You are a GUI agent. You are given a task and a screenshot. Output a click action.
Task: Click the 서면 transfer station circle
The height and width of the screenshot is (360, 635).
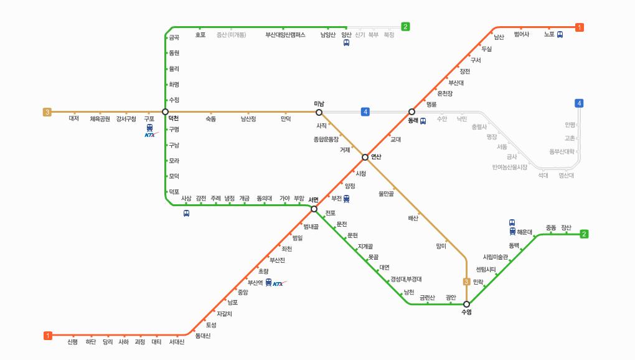tap(314, 209)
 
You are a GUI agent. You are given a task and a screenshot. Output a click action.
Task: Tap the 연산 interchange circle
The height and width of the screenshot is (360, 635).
tap(365, 157)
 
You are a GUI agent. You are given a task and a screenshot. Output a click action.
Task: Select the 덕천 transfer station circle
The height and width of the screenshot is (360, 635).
tap(165, 112)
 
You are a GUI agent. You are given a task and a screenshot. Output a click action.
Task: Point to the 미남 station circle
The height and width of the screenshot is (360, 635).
tap(319, 112)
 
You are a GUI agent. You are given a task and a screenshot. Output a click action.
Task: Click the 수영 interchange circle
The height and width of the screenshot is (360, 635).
tap(466, 304)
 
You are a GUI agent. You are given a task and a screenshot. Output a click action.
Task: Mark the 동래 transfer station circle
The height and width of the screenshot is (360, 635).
tap(412, 112)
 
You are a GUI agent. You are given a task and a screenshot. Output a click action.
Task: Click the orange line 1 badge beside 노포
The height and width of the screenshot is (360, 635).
tap(580, 27)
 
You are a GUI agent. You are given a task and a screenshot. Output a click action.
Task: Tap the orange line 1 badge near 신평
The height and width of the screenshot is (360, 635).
tap(48, 336)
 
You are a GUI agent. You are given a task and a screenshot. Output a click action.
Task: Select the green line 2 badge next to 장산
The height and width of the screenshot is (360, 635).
tap(584, 234)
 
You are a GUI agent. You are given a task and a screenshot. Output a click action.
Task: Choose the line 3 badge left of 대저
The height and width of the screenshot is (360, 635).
tap(47, 112)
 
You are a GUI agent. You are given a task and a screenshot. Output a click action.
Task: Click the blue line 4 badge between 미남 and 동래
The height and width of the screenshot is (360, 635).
tap(365, 112)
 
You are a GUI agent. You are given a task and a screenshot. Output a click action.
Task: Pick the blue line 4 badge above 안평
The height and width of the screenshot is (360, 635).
tap(580, 103)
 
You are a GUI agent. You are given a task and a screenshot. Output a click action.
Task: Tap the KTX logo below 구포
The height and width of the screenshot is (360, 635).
tap(151, 135)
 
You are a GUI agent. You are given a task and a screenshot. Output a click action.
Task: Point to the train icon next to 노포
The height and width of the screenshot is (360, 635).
tap(560, 35)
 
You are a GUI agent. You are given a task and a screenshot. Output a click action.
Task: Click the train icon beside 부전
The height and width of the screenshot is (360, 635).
tap(347, 199)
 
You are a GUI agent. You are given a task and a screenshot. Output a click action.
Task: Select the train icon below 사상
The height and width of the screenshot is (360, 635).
tap(186, 214)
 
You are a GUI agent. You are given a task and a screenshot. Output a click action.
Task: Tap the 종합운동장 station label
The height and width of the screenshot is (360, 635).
tap(326, 139)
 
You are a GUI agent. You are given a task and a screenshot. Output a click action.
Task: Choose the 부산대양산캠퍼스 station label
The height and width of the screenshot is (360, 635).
tap(285, 35)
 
